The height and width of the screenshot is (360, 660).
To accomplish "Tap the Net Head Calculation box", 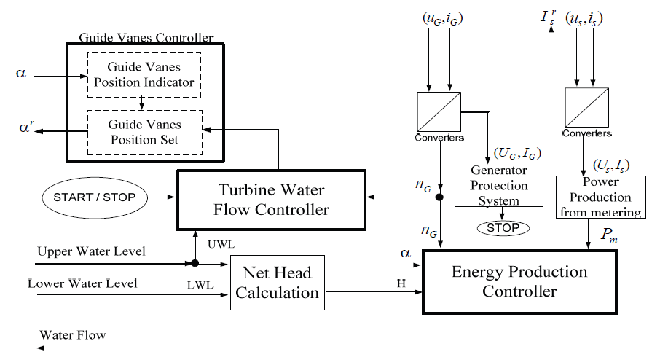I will pos(277,283).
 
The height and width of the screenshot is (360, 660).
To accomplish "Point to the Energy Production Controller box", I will pos(519,282).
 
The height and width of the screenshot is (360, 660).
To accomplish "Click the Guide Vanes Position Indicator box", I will pos(144,74).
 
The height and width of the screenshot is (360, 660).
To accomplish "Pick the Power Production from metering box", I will pos(600,197).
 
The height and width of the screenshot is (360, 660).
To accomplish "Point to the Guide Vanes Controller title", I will pos(145,37).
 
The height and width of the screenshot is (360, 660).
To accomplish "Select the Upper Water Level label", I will pos(92,251).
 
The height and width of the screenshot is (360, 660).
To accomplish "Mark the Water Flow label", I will pos(73,335).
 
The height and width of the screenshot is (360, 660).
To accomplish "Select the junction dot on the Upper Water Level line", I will pos(196,262).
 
